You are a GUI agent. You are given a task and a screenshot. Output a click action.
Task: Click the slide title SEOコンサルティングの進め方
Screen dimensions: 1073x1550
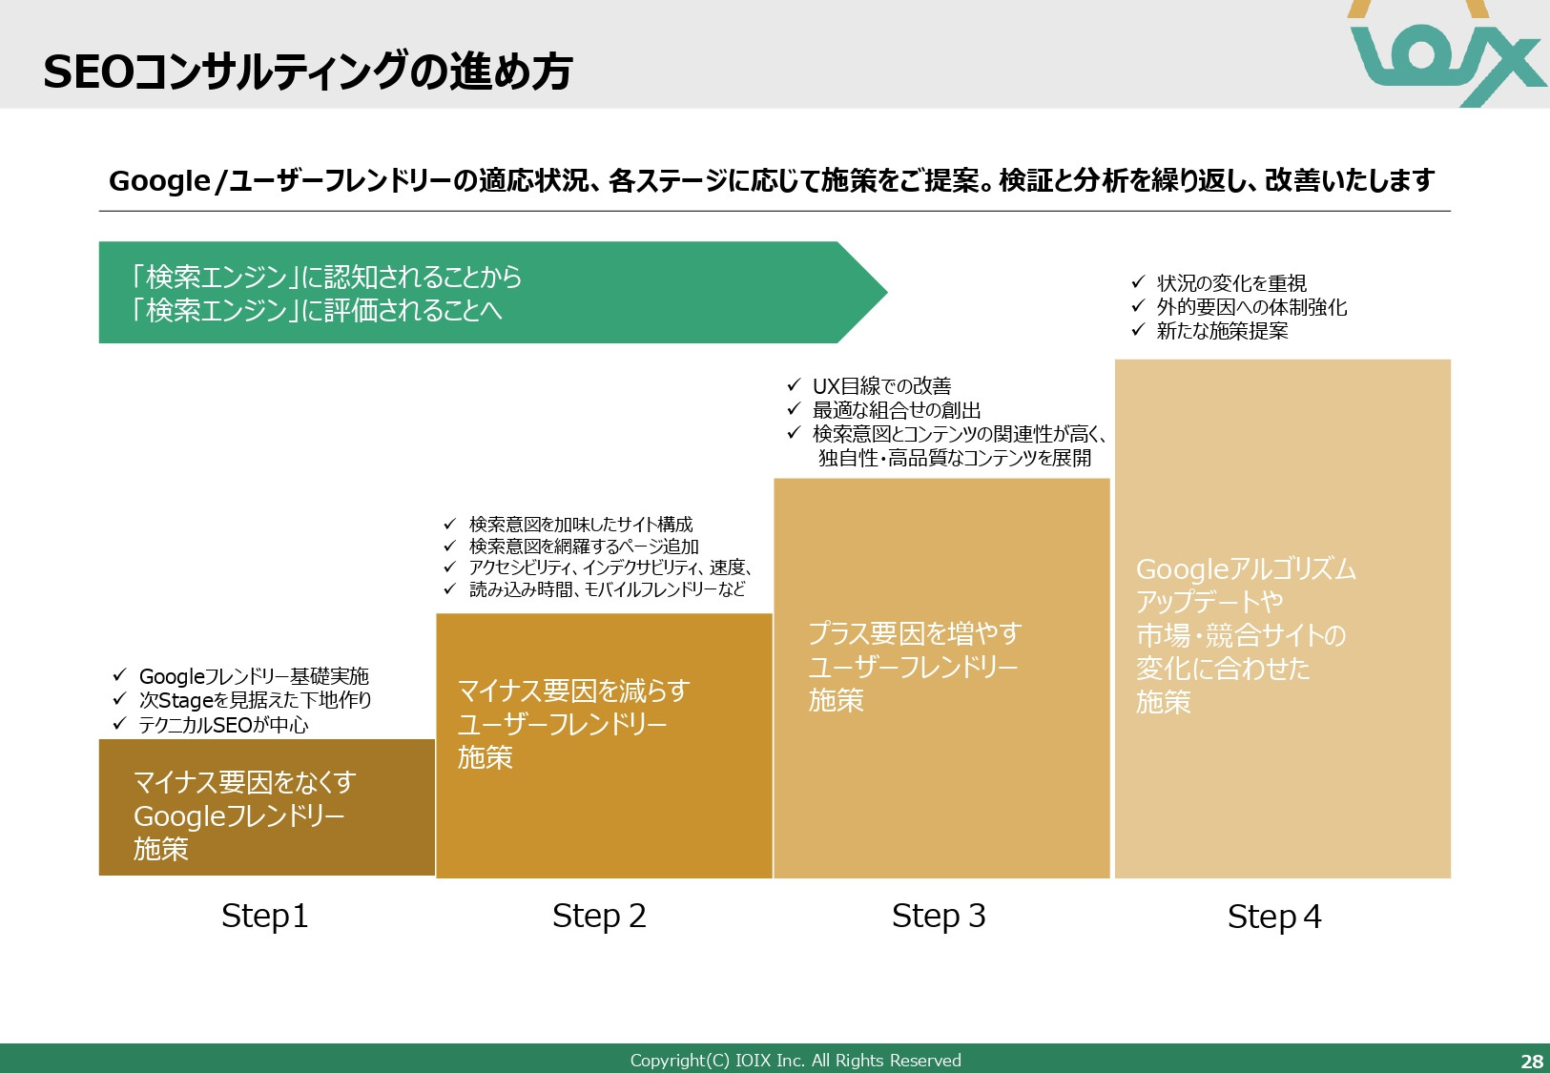pos(307,72)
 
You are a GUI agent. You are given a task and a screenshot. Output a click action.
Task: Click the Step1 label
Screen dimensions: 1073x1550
pos(264,916)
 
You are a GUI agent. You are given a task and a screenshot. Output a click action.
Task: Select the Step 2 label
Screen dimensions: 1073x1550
pos(599,916)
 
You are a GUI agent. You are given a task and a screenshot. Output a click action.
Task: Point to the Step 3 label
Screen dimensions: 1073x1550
pos(939,916)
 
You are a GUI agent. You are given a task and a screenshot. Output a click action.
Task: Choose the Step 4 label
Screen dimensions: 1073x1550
pos(1274,917)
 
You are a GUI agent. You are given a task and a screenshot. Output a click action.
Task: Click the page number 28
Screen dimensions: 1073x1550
pos(1531,1061)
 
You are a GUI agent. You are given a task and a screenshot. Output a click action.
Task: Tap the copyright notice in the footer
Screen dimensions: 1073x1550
pos(796,1061)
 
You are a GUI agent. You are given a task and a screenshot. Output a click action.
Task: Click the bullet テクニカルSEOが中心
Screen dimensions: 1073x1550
pos(223,725)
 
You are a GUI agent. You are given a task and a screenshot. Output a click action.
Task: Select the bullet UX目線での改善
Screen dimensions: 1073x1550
pos(881,386)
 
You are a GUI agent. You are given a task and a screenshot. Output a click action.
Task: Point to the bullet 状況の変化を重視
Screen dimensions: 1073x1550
pos(1230,283)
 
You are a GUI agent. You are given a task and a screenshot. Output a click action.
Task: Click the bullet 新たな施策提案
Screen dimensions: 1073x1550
pos(1222,331)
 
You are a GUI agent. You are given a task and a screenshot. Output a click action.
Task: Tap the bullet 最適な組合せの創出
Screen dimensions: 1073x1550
pos(897,410)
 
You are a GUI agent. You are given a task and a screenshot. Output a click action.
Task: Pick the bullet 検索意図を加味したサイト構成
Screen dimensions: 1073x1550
pos(581,525)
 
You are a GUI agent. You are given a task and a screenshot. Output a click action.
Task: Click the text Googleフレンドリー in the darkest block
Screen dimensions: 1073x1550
pos(238,816)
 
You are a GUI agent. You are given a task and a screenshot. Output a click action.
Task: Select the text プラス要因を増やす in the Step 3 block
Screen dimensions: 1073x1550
pos(915,633)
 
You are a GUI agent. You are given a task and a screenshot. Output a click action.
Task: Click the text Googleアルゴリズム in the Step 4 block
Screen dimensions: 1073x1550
pos(1246,569)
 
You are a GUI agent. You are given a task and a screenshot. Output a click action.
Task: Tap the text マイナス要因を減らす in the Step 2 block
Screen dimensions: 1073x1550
pos(573,691)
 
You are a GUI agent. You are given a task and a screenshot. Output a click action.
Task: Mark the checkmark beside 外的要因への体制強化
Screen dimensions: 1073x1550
pos(1137,306)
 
